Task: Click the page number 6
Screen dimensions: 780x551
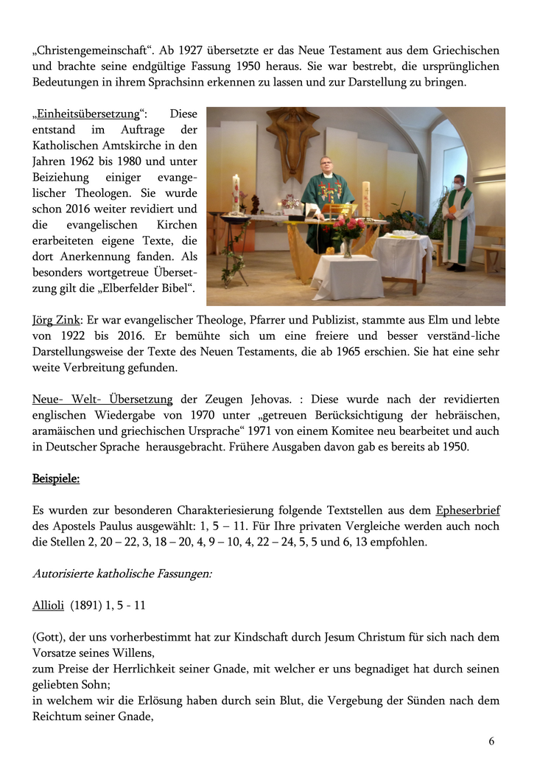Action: point(491,741)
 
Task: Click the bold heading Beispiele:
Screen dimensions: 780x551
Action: point(56,478)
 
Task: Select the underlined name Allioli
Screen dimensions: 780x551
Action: point(49,605)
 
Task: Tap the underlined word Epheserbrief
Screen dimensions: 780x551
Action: point(467,509)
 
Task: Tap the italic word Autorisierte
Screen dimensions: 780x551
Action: point(65,572)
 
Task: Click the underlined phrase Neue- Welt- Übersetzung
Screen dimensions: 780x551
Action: point(102,400)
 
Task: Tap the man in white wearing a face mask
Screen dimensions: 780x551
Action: point(459,221)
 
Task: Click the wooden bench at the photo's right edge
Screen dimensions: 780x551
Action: point(490,247)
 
